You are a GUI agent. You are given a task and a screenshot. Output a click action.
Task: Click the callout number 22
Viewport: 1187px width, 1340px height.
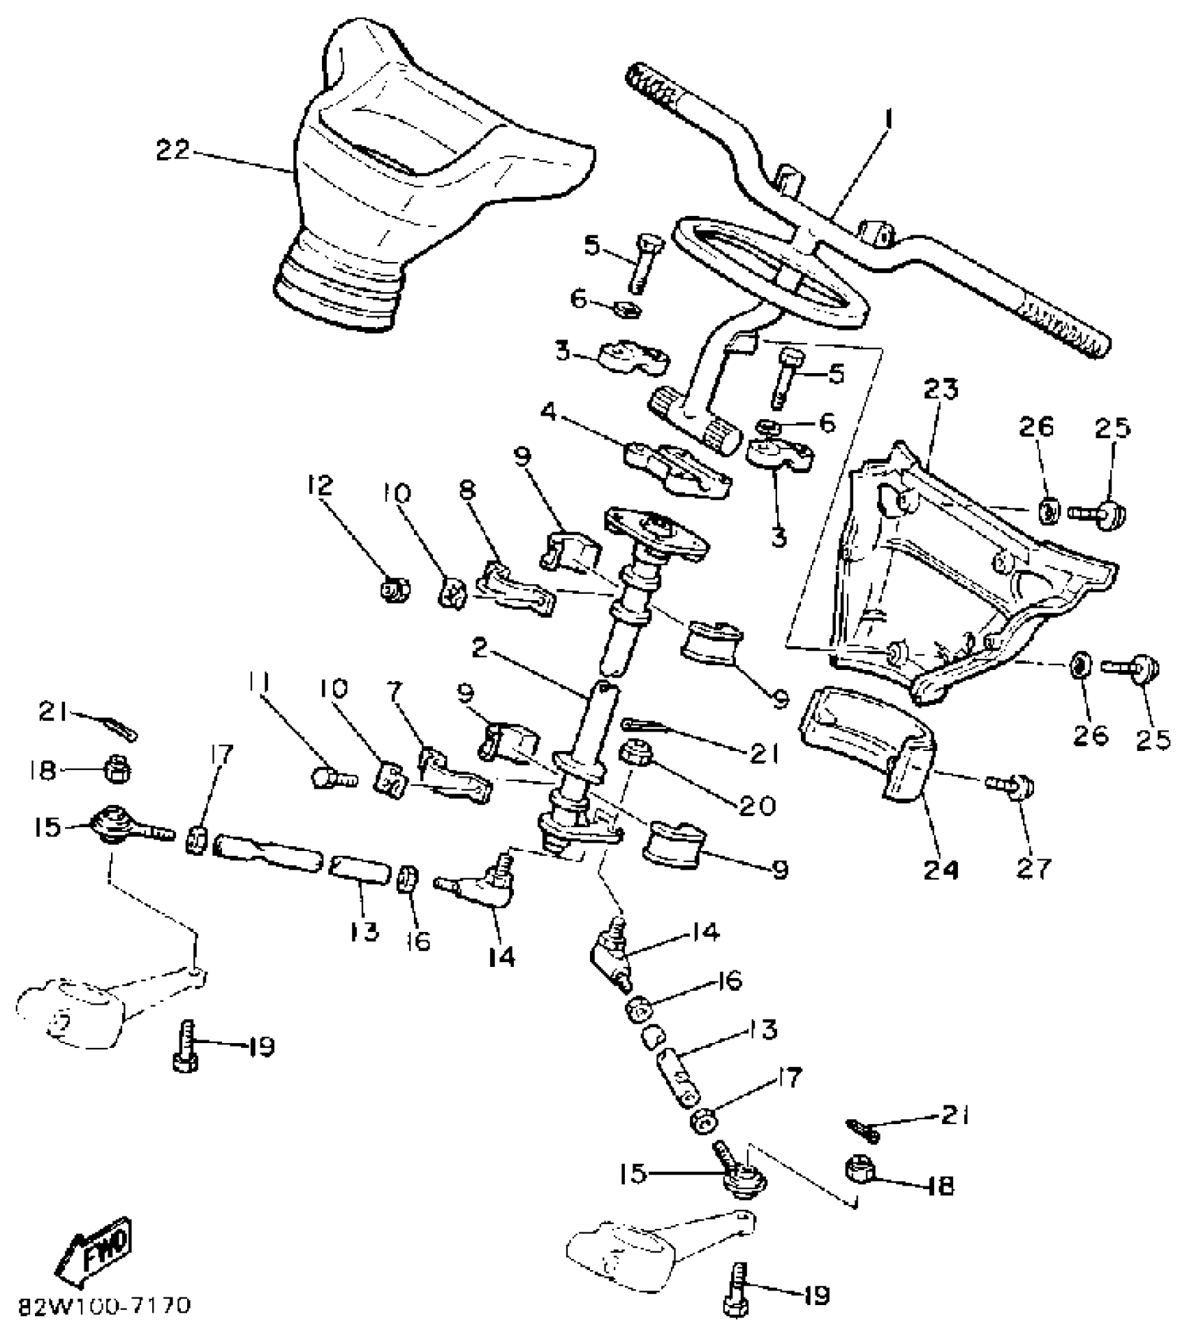(172, 151)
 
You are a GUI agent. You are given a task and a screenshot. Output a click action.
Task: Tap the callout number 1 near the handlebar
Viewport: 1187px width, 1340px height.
(888, 120)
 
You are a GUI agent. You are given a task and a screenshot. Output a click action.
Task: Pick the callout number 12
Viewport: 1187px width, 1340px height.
(320, 486)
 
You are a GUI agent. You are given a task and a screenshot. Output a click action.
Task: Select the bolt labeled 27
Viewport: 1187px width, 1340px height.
(1012, 787)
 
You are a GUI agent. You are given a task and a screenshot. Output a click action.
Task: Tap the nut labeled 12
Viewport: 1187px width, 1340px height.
(395, 590)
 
